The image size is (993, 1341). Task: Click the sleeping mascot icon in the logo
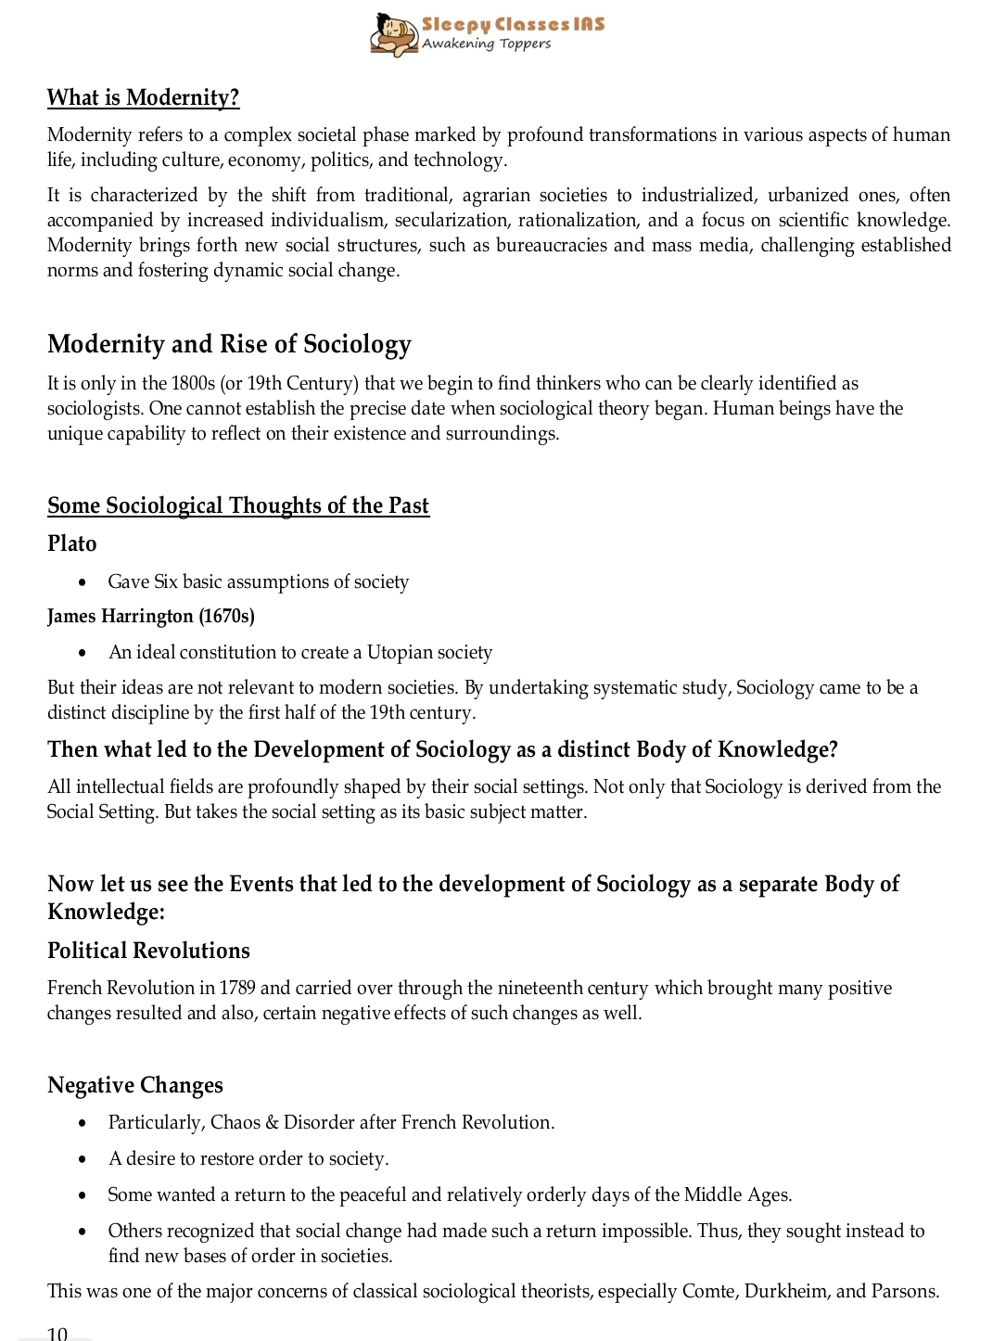pyautogui.click(x=393, y=34)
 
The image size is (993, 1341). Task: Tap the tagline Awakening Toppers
pyautogui.click(x=486, y=44)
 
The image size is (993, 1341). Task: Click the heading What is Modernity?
pyautogui.click(x=144, y=97)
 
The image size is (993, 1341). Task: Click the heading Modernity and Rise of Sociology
pyautogui.click(x=229, y=344)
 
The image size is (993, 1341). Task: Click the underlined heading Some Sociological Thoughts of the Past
pyautogui.click(x=238, y=505)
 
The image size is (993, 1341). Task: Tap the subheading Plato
pyautogui.click(x=72, y=543)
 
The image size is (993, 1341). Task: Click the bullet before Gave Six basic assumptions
pyautogui.click(x=83, y=582)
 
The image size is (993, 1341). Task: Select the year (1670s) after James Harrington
pyautogui.click(x=226, y=616)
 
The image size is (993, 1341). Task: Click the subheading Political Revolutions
pyautogui.click(x=148, y=951)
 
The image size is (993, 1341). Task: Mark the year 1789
pyautogui.click(x=237, y=988)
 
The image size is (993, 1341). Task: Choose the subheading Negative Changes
pyautogui.click(x=135, y=1085)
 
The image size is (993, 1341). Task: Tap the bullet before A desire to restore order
pyautogui.click(x=83, y=1159)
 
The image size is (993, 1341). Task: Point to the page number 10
pyautogui.click(x=57, y=1334)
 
